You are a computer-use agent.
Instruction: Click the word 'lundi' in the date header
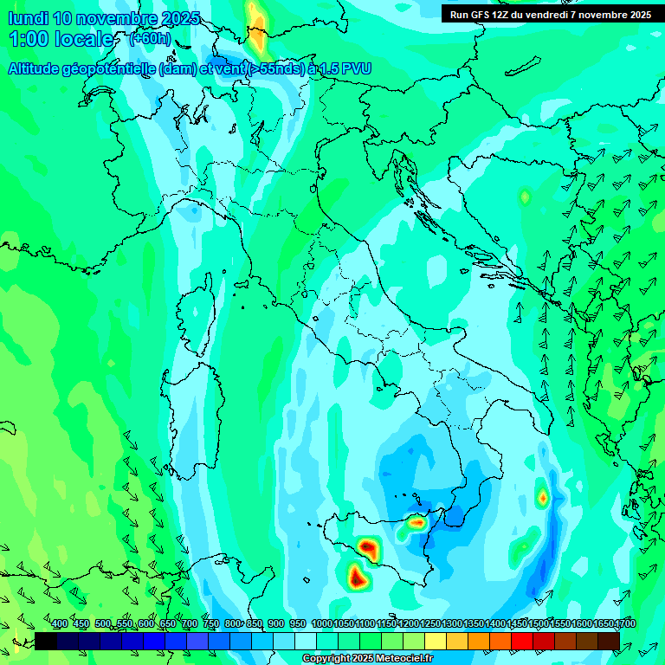(x=28, y=18)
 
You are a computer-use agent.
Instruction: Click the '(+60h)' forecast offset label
(x=150, y=39)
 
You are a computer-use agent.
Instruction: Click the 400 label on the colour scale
(x=60, y=623)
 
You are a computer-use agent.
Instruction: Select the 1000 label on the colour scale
(x=321, y=623)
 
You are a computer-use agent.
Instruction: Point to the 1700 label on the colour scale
(x=625, y=623)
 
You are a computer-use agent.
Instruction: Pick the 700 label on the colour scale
(x=189, y=623)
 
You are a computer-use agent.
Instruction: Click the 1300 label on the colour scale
(x=451, y=623)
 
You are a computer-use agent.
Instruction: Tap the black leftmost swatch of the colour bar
(x=46, y=641)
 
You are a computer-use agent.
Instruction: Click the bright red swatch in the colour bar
(x=521, y=641)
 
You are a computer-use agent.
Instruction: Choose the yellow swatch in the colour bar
(x=436, y=641)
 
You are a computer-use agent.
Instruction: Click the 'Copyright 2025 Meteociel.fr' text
(x=368, y=659)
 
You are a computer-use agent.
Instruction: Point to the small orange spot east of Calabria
(x=543, y=497)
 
